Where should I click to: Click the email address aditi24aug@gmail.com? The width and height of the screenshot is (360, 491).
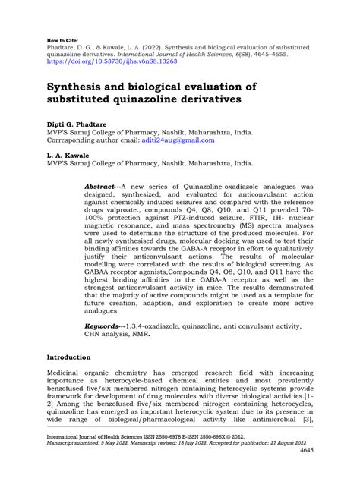click(x=182, y=140)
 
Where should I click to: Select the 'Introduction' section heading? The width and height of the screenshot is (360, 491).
click(x=69, y=357)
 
